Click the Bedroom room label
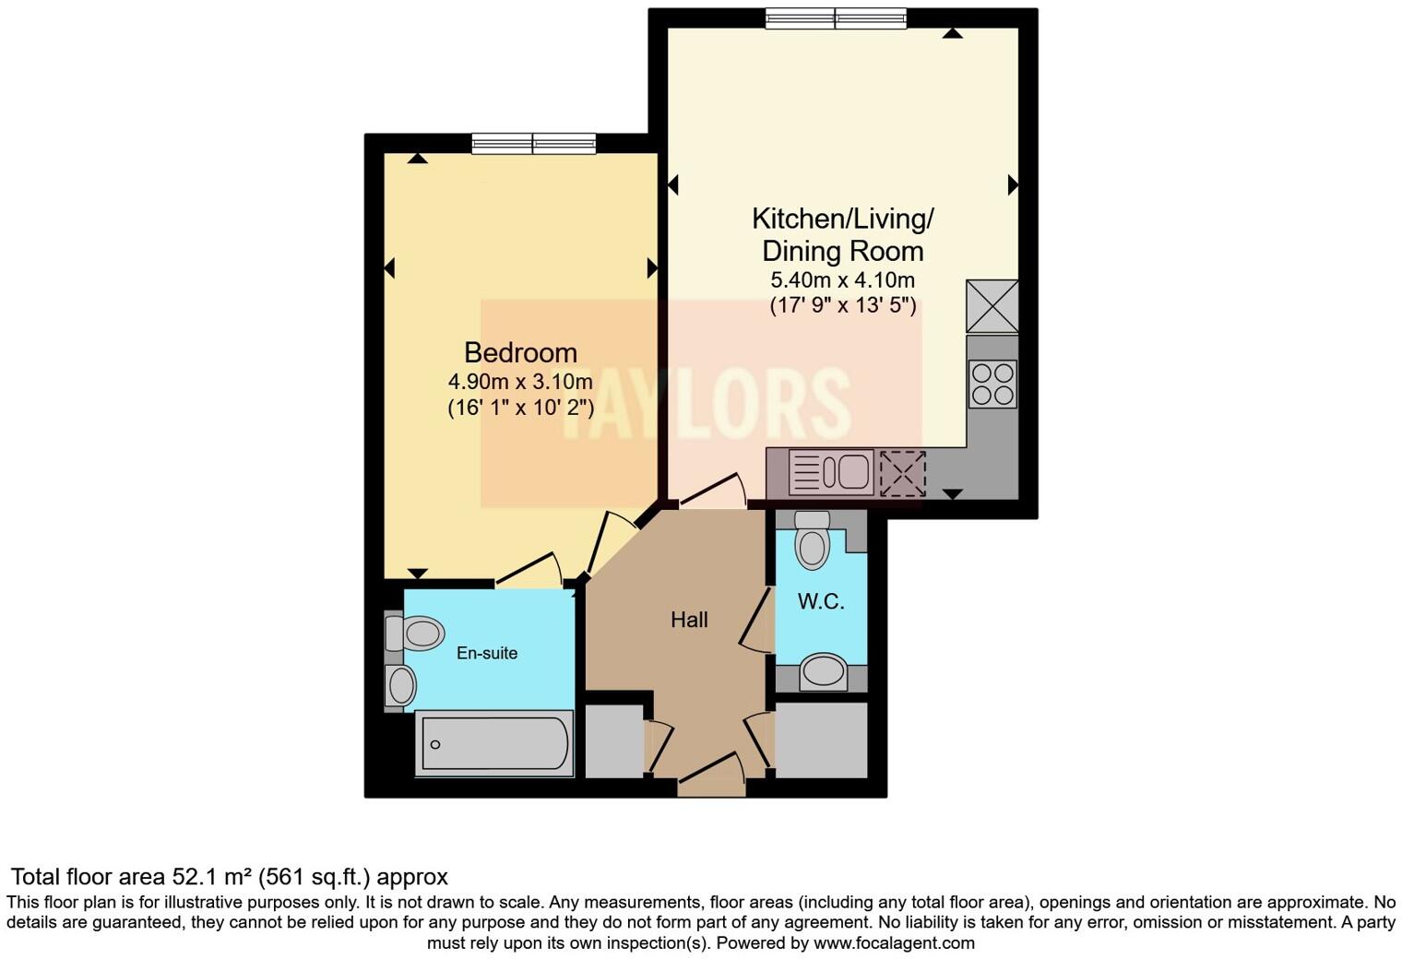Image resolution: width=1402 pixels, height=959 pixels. (x=520, y=352)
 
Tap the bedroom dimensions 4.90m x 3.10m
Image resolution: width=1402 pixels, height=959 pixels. (x=520, y=381)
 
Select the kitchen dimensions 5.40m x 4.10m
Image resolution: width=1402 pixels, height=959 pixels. (x=842, y=280)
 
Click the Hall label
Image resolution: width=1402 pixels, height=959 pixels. (x=689, y=620)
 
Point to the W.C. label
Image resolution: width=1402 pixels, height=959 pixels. (x=821, y=602)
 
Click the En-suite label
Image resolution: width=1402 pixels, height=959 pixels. (x=487, y=653)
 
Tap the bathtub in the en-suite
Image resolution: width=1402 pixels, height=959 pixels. (x=494, y=743)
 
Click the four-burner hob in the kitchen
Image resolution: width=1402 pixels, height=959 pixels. (x=992, y=384)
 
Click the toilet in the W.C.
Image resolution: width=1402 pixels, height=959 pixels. (x=813, y=540)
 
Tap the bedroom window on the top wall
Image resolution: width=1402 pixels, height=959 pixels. (x=533, y=144)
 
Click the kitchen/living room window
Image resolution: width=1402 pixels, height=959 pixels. (x=836, y=18)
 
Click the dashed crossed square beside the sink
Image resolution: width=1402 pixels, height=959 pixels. (x=901, y=472)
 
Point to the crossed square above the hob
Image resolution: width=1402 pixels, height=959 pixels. (x=992, y=306)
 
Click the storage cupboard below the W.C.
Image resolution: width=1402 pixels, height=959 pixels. (x=821, y=740)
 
